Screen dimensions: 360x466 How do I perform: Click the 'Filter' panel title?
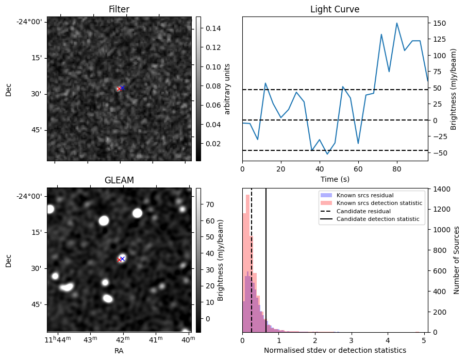click(x=119, y=9)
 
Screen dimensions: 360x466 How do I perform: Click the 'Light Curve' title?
click(x=335, y=9)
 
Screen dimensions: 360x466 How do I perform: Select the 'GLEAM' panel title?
click(x=119, y=180)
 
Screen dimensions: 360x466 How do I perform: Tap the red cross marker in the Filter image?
click(x=119, y=89)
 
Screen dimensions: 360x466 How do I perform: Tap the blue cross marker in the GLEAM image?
click(x=122, y=258)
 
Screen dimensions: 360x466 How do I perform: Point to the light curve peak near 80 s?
click(x=397, y=23)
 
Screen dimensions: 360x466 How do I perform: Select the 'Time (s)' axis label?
click(x=335, y=179)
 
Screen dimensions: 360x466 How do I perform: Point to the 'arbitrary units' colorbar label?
click(x=228, y=89)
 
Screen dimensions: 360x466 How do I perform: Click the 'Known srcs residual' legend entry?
click(x=365, y=195)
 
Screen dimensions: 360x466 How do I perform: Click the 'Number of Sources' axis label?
click(x=457, y=260)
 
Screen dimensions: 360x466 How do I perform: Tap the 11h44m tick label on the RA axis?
click(x=57, y=339)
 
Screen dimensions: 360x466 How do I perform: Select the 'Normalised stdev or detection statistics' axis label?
click(x=335, y=350)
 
